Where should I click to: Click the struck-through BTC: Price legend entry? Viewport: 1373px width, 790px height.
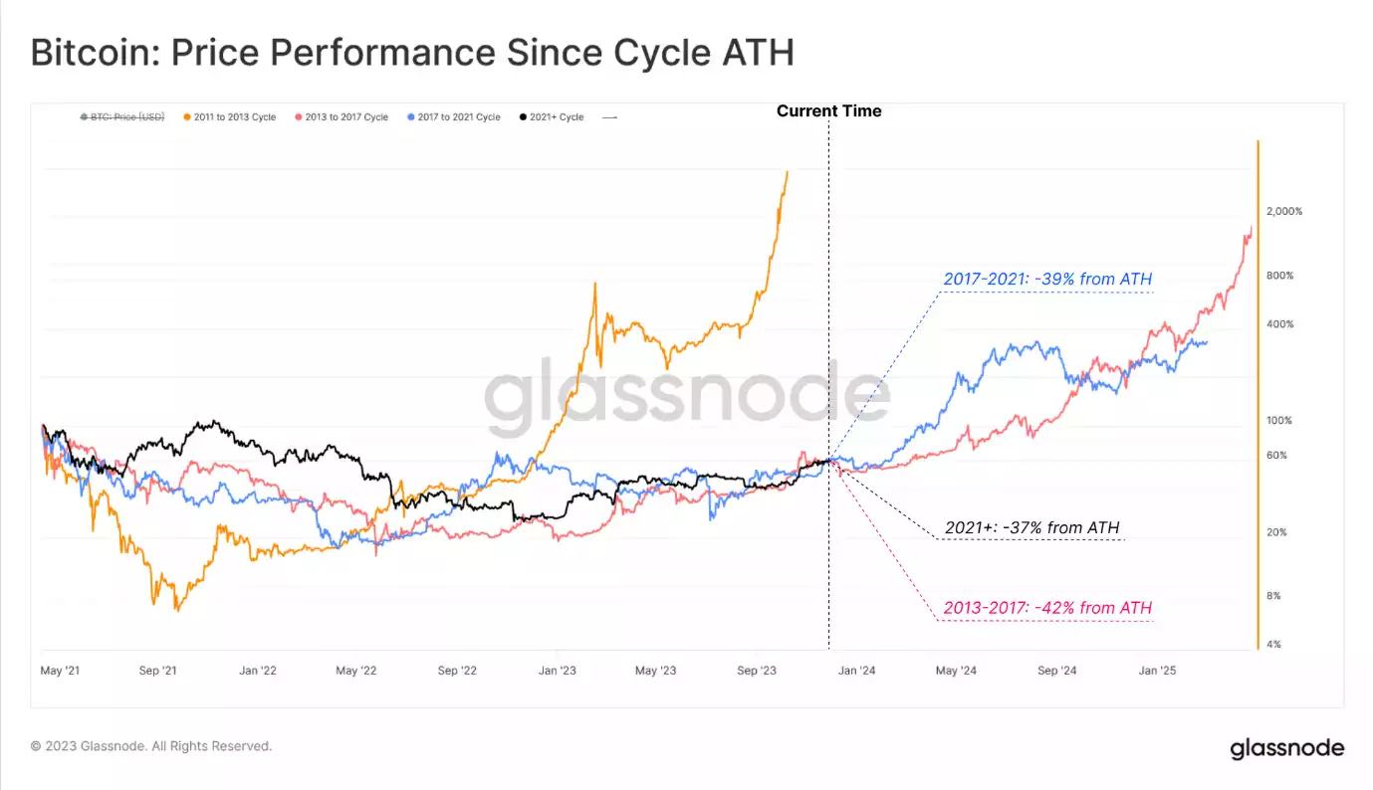click(121, 117)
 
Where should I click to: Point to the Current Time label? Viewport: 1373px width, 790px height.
click(828, 111)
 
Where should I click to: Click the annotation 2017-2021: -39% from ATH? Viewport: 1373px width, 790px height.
click(1047, 280)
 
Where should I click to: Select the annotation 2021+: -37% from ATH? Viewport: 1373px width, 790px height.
click(1032, 527)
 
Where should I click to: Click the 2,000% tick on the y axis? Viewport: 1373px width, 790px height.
click(1283, 212)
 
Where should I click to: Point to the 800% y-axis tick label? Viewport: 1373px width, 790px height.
click(1278, 276)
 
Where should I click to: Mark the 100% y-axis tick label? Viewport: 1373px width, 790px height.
click(1278, 421)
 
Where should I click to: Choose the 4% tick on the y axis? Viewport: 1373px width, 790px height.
click(1272, 645)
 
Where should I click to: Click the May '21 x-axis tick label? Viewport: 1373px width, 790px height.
click(60, 671)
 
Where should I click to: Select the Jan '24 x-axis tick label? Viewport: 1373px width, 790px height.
click(855, 671)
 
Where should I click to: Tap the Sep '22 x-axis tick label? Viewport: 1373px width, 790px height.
click(458, 671)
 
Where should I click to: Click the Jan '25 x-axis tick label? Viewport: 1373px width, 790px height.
click(1156, 671)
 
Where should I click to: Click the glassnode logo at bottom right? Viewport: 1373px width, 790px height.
click(1286, 748)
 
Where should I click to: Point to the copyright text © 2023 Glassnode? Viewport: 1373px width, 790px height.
click(151, 746)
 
